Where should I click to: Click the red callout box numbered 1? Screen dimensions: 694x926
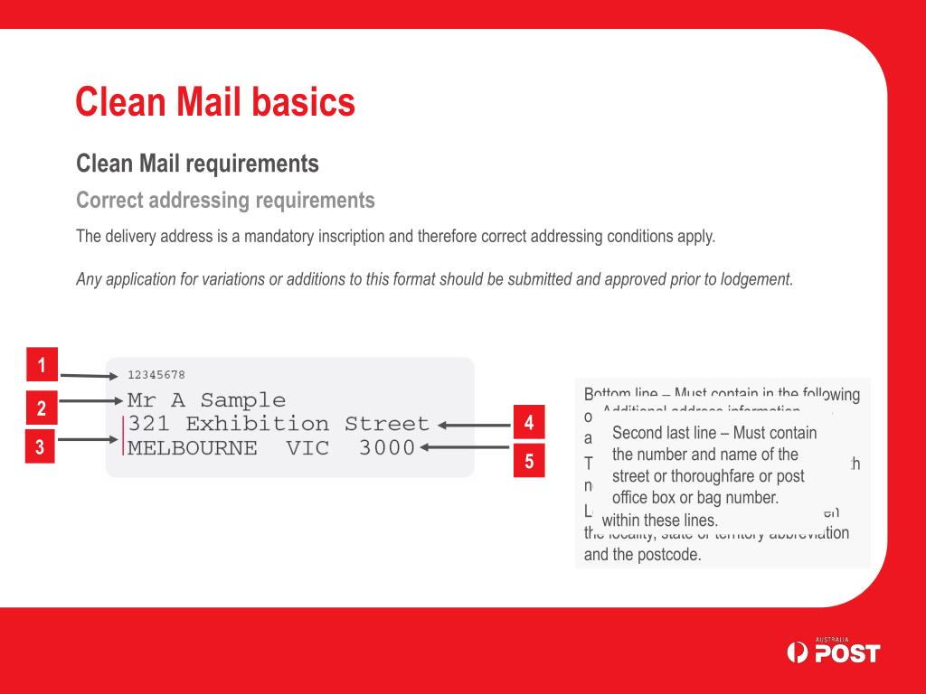[42, 365]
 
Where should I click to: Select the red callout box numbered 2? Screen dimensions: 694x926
[42, 408]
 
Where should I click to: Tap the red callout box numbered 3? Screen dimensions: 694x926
[40, 445]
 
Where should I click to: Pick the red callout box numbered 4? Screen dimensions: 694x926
[529, 422]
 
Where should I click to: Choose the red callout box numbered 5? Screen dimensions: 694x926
[529, 461]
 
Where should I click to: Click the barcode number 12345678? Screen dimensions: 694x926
[156, 374]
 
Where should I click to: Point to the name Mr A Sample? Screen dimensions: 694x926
[206, 400]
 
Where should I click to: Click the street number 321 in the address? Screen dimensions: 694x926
[148, 424]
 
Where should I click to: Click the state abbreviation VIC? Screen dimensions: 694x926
[308, 447]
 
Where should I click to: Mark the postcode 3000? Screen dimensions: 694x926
[387, 447]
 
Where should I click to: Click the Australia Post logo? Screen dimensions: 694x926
[833, 651]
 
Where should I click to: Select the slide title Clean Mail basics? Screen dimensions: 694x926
[215, 102]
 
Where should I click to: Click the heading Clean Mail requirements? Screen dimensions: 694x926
[197, 164]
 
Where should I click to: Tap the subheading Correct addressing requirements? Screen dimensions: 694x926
[225, 200]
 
